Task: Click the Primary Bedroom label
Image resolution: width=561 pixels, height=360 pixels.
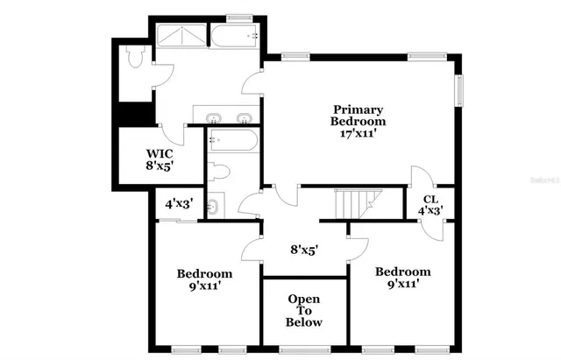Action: click(x=357, y=115)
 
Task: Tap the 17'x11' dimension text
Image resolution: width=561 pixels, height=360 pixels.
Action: click(x=357, y=133)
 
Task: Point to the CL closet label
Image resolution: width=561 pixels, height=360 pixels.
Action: click(x=430, y=200)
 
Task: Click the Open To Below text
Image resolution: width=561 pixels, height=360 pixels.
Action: click(x=305, y=311)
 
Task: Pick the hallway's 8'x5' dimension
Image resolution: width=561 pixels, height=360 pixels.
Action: click(x=304, y=249)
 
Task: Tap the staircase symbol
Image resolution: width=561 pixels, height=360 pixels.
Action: click(x=356, y=204)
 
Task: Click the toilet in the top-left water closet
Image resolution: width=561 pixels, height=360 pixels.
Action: click(x=134, y=58)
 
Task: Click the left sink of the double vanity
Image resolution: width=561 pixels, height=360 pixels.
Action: click(x=213, y=117)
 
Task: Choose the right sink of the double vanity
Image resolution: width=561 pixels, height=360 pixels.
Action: click(x=243, y=117)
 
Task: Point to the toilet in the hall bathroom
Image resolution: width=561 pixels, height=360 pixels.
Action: click(x=220, y=173)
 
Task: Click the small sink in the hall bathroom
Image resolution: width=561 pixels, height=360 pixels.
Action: click(x=214, y=208)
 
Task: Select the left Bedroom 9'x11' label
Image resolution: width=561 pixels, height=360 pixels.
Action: click(x=204, y=279)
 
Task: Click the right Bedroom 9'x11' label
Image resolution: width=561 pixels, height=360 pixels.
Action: click(x=403, y=278)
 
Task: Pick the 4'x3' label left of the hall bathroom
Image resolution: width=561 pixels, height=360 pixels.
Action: click(x=179, y=204)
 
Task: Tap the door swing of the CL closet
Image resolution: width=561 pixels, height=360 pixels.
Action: click(x=419, y=177)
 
